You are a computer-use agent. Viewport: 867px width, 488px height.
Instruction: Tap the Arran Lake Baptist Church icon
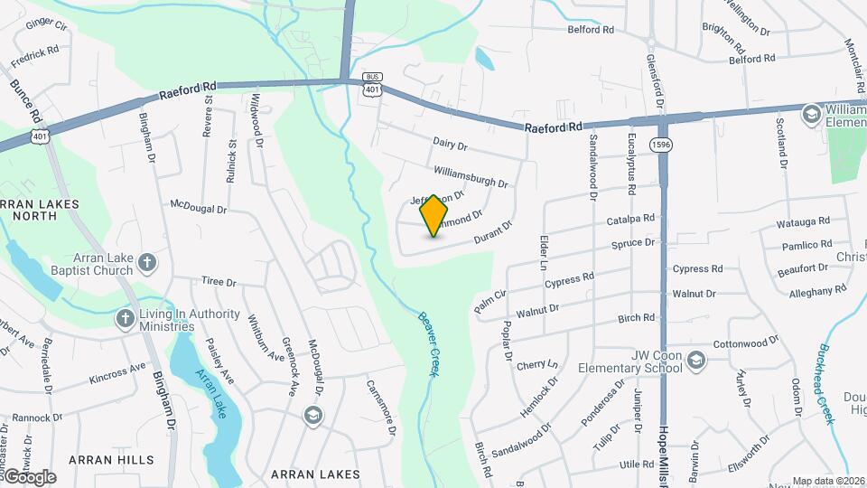148,264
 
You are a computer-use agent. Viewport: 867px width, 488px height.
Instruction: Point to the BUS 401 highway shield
371,83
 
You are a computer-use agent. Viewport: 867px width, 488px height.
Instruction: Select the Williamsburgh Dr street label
471,176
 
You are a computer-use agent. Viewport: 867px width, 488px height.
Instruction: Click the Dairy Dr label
450,145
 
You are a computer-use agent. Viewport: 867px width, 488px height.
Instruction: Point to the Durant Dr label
493,232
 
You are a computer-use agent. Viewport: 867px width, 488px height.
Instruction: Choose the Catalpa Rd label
629,219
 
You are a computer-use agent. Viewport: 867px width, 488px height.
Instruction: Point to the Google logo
29,476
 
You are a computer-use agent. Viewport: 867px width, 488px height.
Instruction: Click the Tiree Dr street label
219,282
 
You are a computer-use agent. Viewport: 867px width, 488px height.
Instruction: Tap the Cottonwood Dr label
745,343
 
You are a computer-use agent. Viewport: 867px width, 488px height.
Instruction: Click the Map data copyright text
828,481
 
